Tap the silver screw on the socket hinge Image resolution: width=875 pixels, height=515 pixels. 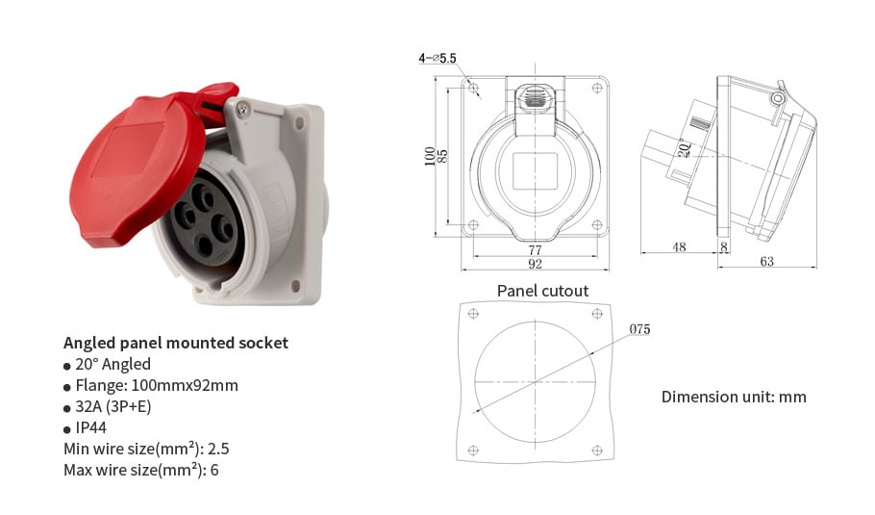pos(242,110)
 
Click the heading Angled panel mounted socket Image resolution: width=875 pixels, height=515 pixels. pos(176,343)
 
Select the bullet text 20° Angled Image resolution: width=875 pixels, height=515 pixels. pos(112,364)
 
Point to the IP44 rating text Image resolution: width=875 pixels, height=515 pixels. pos(90,427)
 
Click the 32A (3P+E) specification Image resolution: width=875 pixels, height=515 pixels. pos(112,406)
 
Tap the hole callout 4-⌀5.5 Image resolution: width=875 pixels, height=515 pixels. pos(437,58)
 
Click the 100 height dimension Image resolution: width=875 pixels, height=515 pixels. pos(429,156)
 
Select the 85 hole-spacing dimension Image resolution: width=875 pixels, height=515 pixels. pos(442,156)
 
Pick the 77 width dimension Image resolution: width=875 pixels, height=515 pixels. pos(535,249)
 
